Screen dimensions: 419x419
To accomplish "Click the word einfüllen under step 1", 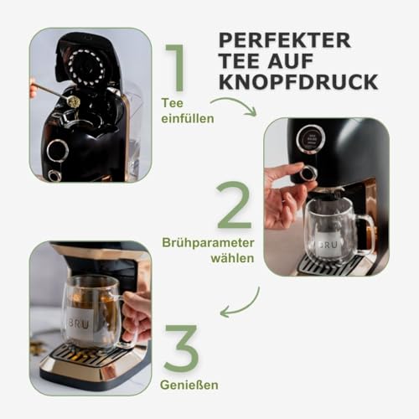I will [188, 118].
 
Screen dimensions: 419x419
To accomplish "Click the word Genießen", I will [187, 385].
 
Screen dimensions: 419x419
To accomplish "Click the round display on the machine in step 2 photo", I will [311, 138].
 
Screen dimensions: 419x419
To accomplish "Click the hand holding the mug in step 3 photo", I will [137, 314].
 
